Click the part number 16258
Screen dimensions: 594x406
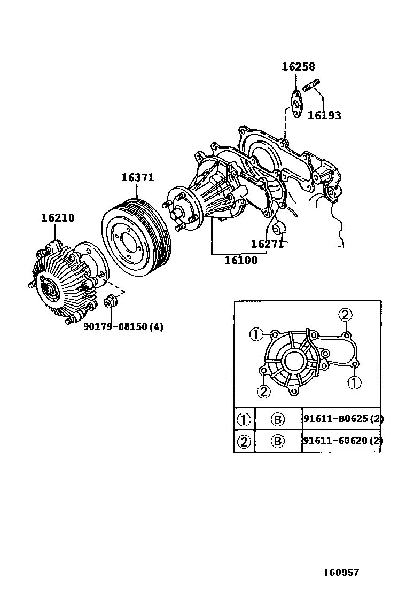coord(298,67)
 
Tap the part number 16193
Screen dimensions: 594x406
coord(324,115)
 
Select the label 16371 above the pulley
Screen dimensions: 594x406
coord(137,177)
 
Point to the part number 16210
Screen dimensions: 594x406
coord(58,218)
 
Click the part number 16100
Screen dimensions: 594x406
coord(240,260)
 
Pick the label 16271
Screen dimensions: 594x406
coord(267,244)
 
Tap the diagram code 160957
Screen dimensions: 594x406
coord(341,572)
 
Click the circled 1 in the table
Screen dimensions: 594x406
coord(244,419)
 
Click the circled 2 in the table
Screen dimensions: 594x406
coord(244,441)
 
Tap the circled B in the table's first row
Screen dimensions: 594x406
coord(278,419)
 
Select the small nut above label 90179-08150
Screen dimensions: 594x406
coord(111,301)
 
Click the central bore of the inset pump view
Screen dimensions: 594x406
coord(294,362)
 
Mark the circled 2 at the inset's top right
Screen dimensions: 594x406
coord(346,315)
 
